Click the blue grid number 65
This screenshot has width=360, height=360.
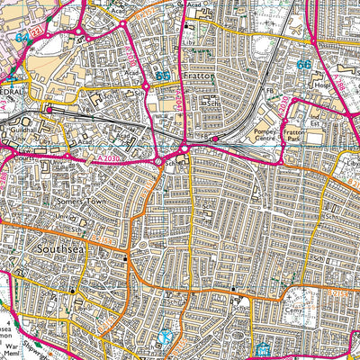pyautogui.click(x=160, y=78)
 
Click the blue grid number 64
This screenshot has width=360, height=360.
pyautogui.click(x=22, y=39)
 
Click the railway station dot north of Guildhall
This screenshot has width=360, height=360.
pyautogui.click(x=49, y=110)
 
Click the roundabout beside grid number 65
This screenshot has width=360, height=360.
pyautogui.click(x=146, y=87)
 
